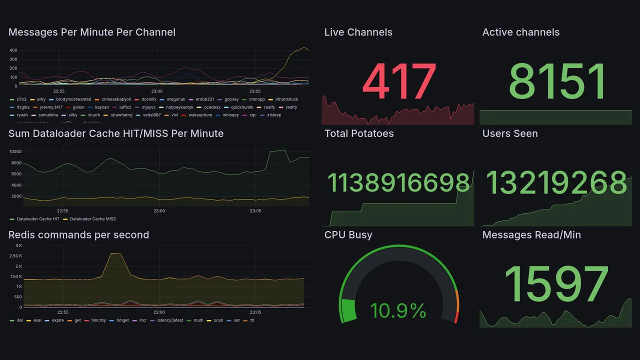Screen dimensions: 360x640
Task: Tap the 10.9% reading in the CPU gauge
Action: [398, 311]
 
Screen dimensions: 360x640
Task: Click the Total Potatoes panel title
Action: [359, 133]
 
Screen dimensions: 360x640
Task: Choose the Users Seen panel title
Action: [510, 133]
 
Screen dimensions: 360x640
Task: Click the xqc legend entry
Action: [252, 115]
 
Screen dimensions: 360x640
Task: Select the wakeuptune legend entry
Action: [200, 115]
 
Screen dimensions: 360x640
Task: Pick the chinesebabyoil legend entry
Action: [116, 99]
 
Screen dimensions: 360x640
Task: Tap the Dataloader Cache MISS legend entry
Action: [93, 219]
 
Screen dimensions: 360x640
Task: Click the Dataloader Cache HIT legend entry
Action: [38, 219]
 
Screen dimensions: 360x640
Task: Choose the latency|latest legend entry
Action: [170, 320]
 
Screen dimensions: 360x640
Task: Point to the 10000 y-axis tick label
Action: [15, 152]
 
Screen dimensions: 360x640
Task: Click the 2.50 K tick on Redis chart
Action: [15, 256]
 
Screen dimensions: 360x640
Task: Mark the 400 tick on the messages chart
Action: [13, 50]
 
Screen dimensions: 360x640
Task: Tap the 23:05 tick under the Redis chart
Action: [255, 312]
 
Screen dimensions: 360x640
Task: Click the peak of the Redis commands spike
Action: [115, 253]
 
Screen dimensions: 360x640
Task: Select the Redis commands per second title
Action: [78, 235]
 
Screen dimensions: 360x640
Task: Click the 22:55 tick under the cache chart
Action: [62, 211]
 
